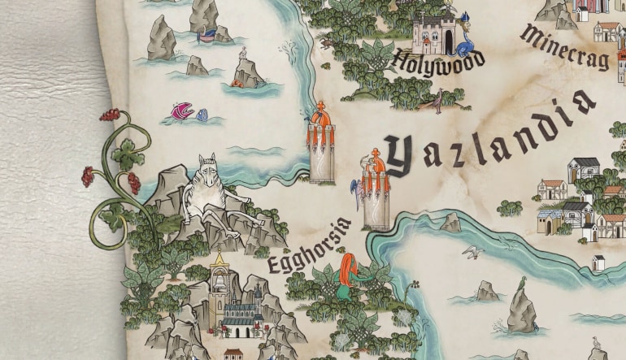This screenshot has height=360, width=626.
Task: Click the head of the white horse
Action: (206, 168)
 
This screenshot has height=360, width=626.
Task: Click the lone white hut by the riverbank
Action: (598, 262)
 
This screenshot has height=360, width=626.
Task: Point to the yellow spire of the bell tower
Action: (218, 259)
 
